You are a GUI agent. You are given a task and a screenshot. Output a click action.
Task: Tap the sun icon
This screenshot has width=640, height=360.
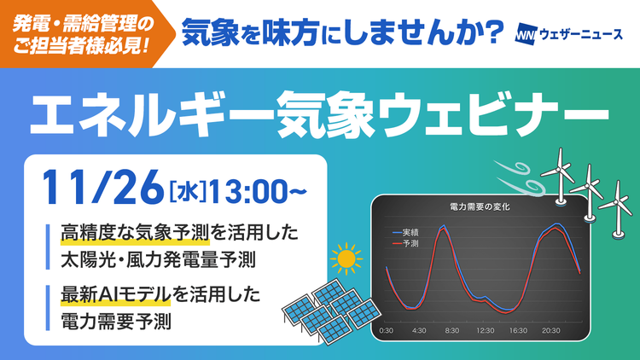345,258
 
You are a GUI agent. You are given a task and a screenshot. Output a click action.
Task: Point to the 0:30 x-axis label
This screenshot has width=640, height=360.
386,329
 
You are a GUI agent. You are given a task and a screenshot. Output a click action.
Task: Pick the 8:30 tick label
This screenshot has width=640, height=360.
451,329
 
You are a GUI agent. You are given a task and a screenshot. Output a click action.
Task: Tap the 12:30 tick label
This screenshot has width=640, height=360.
485,329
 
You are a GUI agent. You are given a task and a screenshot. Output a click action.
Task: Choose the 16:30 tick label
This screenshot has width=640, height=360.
518,329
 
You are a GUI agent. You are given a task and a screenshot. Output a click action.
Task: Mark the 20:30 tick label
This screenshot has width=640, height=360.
551,329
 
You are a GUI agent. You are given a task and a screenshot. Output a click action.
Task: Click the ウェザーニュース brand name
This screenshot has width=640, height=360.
582,37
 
